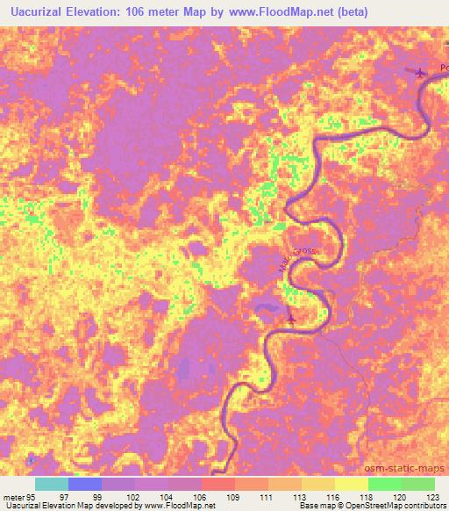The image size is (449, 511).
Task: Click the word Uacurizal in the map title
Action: [x=42, y=11]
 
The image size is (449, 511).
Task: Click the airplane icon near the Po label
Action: [x=420, y=73]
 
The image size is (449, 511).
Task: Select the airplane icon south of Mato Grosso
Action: [x=291, y=317]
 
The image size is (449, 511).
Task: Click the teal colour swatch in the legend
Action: [x=52, y=484]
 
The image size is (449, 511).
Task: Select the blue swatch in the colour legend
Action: [x=85, y=484]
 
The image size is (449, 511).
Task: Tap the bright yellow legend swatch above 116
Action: [x=351, y=484]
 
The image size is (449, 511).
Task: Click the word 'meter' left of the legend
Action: [x=11, y=497]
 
